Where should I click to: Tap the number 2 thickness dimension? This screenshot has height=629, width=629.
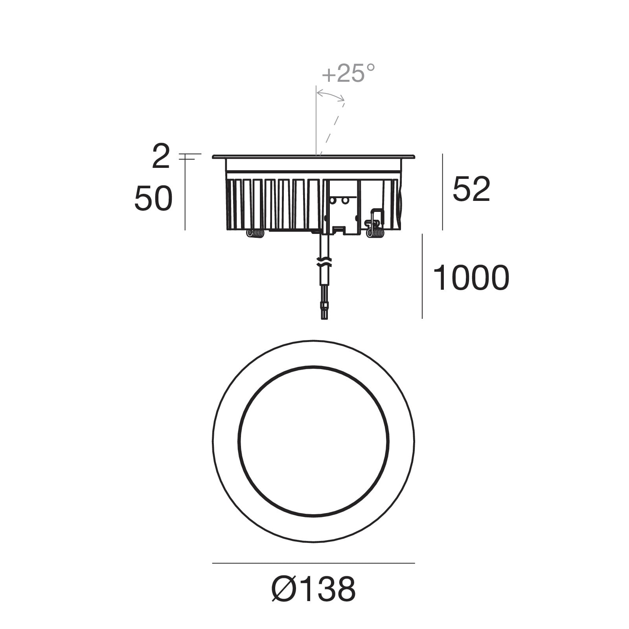161,156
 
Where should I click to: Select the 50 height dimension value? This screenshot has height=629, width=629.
153,199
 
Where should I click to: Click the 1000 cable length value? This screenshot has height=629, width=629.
471,278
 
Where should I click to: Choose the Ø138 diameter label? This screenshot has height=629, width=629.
314,589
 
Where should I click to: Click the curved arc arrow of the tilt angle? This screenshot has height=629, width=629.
331,94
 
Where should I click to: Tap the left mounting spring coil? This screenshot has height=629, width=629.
255,234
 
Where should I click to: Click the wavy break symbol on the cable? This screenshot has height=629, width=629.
324,262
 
